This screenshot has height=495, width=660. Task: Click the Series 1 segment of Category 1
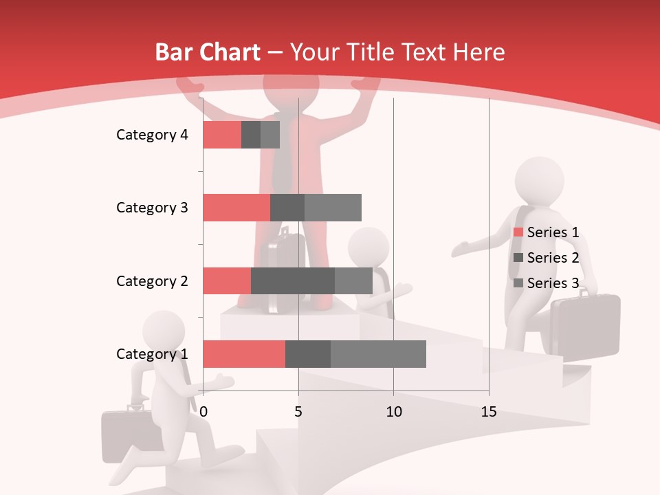point(244,354)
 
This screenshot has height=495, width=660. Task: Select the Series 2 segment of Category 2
point(293,280)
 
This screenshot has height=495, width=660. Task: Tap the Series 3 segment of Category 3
point(333,208)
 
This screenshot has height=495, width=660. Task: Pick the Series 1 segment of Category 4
point(222,135)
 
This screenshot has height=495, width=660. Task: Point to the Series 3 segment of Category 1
point(378,354)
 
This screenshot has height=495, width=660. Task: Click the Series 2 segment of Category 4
point(251,135)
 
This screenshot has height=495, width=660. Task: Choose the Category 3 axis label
point(152,208)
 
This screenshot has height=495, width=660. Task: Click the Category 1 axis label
point(152,354)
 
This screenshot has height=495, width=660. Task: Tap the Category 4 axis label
point(152,135)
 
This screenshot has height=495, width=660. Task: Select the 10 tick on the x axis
point(393,412)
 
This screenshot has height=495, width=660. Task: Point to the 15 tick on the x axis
point(489,412)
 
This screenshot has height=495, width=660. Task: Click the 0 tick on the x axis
point(203,412)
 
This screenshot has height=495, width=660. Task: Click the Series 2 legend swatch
point(518,258)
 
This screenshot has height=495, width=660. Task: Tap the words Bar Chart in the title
point(208,52)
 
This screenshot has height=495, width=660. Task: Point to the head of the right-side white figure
point(540,181)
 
